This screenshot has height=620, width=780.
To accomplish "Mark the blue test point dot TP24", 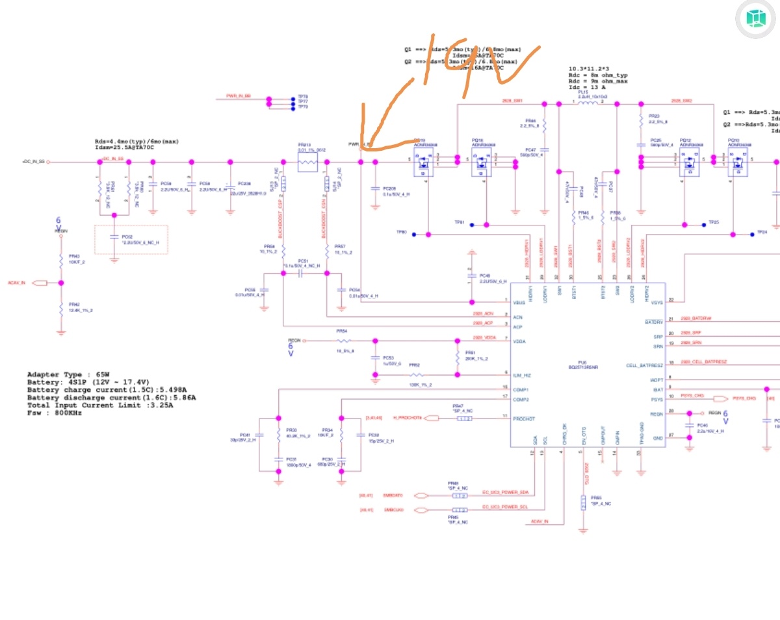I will click(751, 233).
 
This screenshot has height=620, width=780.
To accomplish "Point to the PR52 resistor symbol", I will click(415, 375).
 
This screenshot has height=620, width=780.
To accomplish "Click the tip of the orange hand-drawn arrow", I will click(363, 148).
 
